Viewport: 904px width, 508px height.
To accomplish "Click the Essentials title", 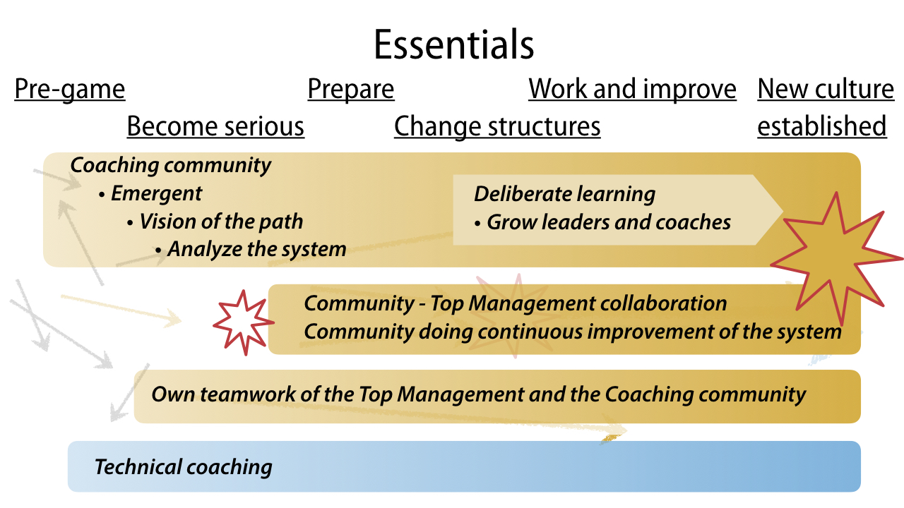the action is tap(453, 44).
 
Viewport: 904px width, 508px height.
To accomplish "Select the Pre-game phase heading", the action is tap(70, 89).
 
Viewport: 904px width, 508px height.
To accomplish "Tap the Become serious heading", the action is tap(215, 126).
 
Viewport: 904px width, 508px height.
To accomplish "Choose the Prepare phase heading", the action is tap(351, 89).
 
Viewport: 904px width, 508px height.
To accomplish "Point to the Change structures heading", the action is tap(497, 126).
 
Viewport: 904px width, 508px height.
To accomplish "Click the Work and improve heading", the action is tap(632, 89).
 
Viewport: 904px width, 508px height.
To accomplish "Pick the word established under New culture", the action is tap(821, 126).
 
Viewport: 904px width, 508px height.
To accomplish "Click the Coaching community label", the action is tap(171, 165).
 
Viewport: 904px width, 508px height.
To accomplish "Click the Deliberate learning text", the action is tap(564, 194).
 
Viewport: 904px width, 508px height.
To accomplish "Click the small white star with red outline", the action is tap(244, 322).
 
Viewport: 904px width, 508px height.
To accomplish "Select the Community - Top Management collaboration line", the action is tap(516, 303).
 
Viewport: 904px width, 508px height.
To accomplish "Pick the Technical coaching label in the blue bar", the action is tap(183, 467).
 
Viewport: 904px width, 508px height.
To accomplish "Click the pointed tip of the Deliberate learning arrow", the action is tap(783, 210).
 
